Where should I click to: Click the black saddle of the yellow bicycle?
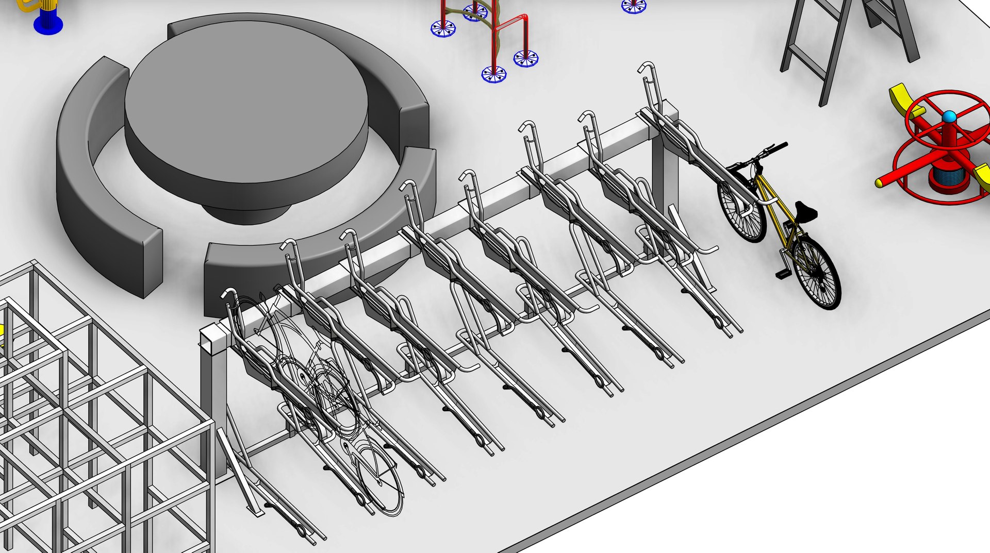[x=805, y=211]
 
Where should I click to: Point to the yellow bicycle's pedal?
[x=783, y=273]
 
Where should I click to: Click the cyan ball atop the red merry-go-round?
[x=949, y=117]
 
